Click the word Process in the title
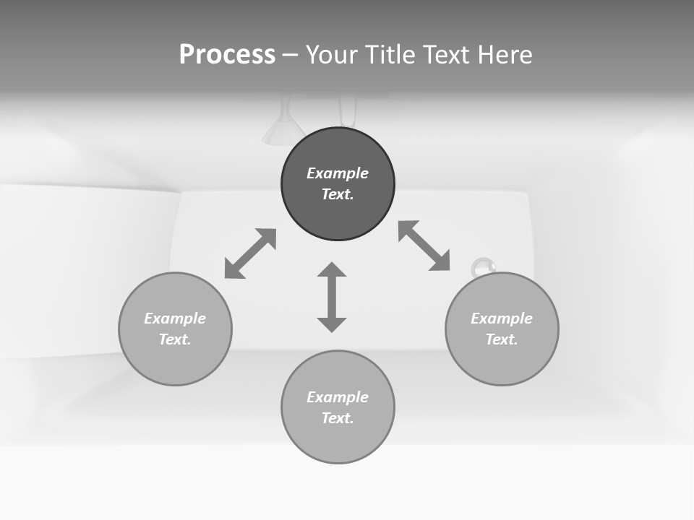227,55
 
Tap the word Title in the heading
385,55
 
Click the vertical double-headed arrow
332,297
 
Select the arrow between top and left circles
250,253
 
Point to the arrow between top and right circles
424,246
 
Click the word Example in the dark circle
338,173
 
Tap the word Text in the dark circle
337,194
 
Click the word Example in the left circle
175,318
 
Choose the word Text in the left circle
174,339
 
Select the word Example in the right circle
502,318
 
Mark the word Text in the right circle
501,339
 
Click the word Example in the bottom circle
338,397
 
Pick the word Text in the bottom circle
337,418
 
